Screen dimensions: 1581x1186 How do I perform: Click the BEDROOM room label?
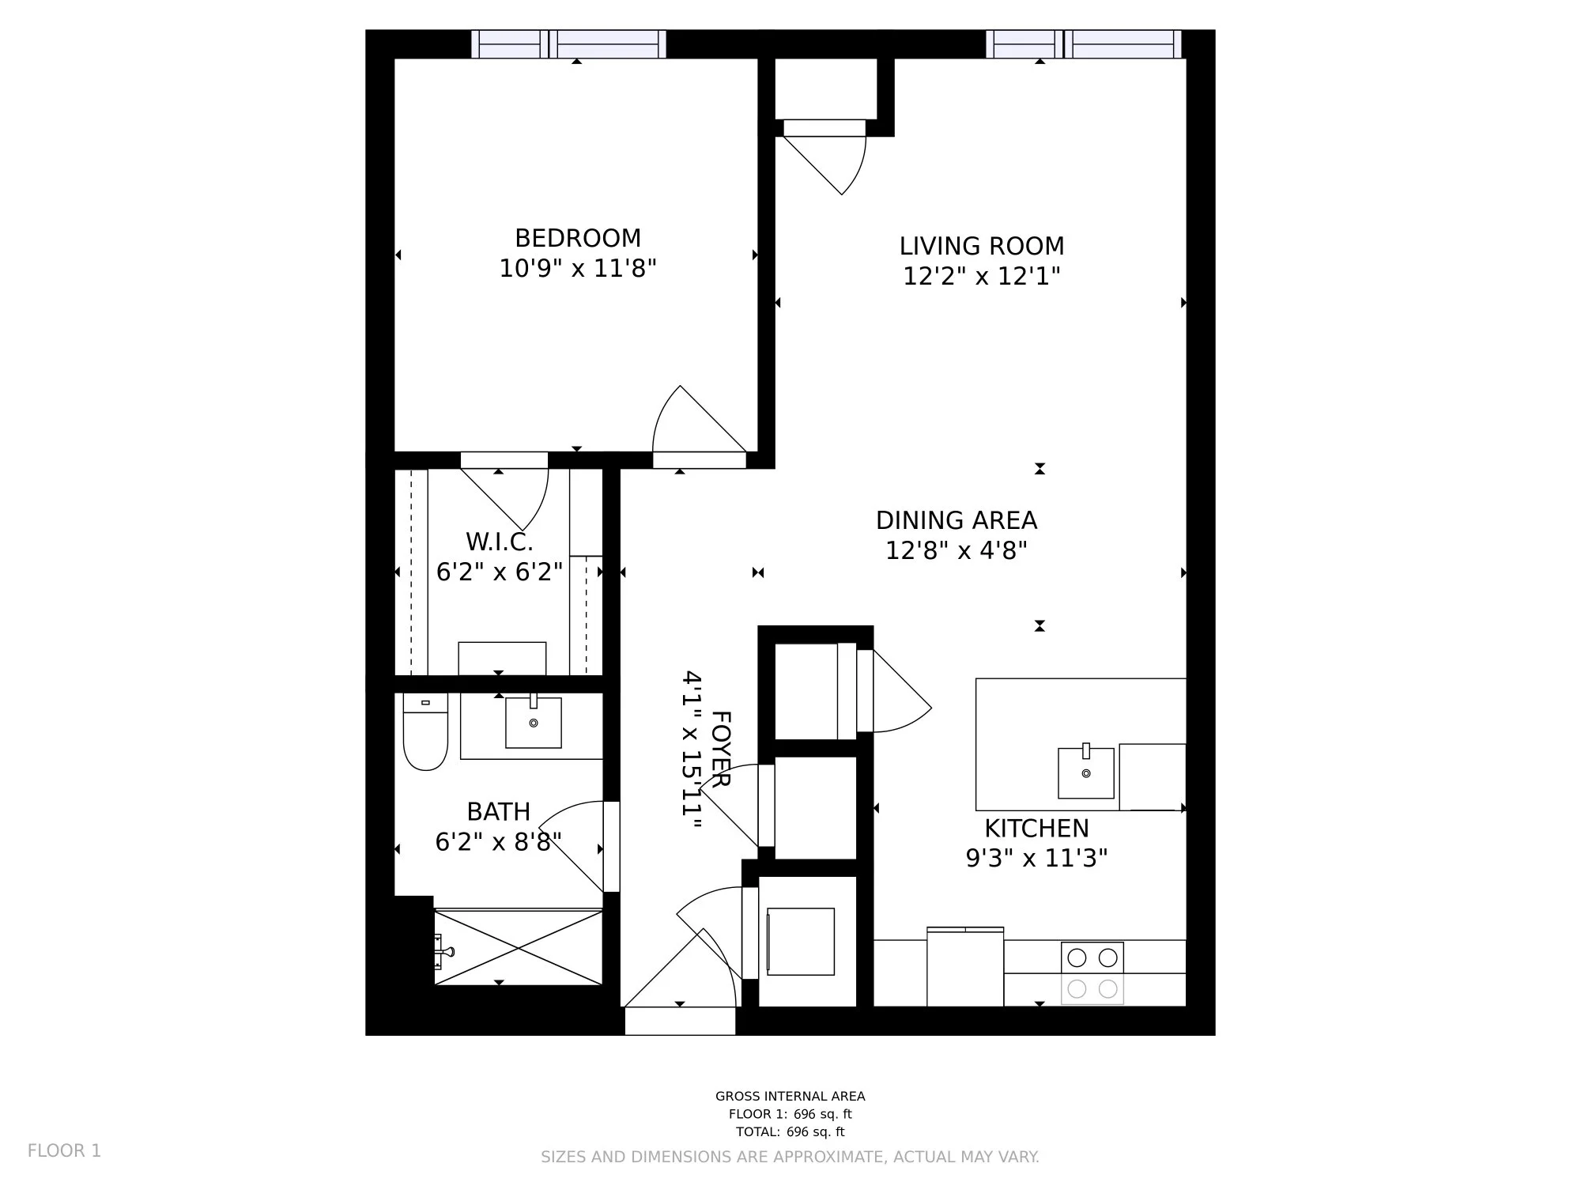(x=578, y=238)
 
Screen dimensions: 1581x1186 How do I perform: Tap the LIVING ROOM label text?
(x=982, y=246)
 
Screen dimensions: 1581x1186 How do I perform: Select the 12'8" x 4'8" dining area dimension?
(x=957, y=550)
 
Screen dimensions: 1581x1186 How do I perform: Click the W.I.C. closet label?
(x=500, y=542)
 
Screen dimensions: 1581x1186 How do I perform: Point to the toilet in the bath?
(x=425, y=731)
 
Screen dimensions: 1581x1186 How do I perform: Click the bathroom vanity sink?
(x=534, y=722)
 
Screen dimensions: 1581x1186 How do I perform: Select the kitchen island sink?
(x=1086, y=772)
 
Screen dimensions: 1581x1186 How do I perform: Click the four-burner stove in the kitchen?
(x=1092, y=973)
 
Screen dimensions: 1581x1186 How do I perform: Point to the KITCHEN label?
(x=1036, y=829)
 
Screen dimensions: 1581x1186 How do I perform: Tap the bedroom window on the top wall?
(x=569, y=44)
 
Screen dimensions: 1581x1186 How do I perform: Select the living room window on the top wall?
(x=1084, y=44)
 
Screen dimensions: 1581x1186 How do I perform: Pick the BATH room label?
(x=498, y=812)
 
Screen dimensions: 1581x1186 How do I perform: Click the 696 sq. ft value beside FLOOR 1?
(x=823, y=1114)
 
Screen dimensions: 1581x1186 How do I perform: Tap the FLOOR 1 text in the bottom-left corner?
(x=65, y=1150)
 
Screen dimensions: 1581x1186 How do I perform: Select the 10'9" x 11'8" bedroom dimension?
(x=578, y=269)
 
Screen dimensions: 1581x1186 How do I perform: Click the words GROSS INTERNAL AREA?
(x=790, y=1096)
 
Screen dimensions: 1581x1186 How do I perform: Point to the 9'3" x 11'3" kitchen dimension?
(x=1036, y=858)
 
